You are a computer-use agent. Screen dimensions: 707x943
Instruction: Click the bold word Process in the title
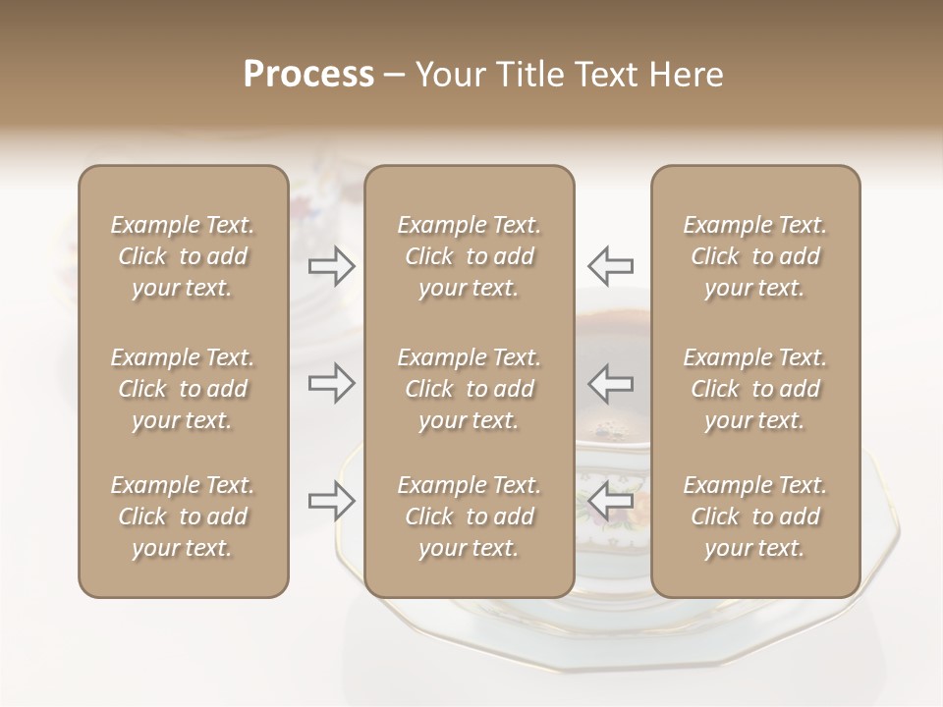click(308, 75)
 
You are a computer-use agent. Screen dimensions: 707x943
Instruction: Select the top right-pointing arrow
click(332, 266)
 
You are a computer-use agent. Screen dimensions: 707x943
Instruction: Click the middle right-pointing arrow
click(332, 383)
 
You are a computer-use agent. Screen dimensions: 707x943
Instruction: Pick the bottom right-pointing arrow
click(332, 501)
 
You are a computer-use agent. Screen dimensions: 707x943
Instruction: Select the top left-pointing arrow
click(610, 266)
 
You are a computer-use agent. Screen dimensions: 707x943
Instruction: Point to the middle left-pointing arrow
click(610, 383)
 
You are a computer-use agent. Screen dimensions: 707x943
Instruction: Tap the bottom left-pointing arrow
click(610, 501)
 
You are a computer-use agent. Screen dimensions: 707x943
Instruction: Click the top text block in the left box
click(183, 256)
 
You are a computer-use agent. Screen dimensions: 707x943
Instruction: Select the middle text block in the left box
click(183, 389)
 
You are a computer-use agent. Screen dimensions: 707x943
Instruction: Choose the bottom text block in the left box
click(183, 517)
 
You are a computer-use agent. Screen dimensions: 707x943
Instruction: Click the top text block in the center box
click(469, 256)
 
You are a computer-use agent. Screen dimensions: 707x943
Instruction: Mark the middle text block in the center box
click(469, 389)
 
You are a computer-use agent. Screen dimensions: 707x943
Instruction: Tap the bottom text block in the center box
click(469, 517)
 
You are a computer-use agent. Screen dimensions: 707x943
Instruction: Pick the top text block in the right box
click(754, 256)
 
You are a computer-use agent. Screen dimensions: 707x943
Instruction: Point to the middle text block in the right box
click(754, 389)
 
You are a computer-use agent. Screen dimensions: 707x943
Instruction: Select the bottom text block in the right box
click(754, 517)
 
